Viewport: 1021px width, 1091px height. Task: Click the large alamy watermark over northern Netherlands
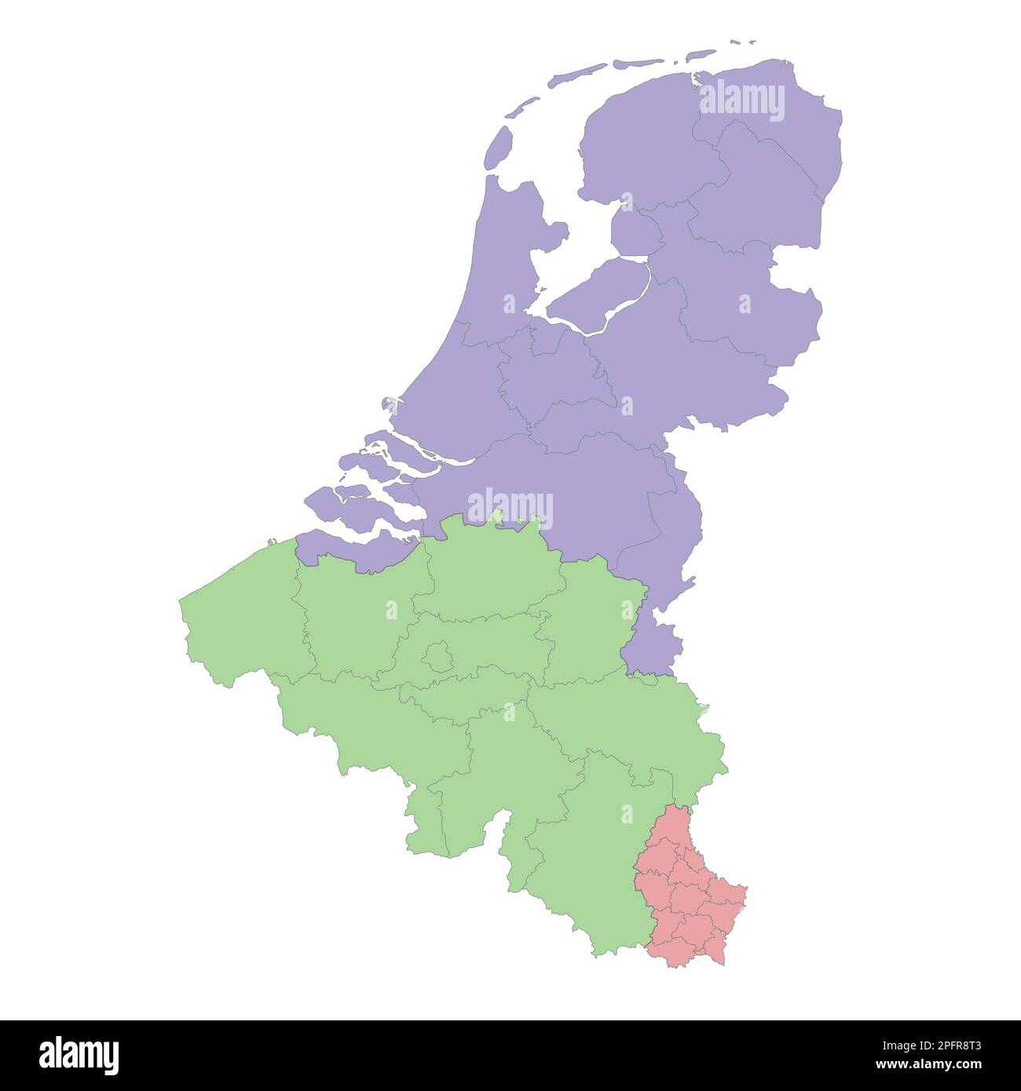(x=741, y=102)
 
